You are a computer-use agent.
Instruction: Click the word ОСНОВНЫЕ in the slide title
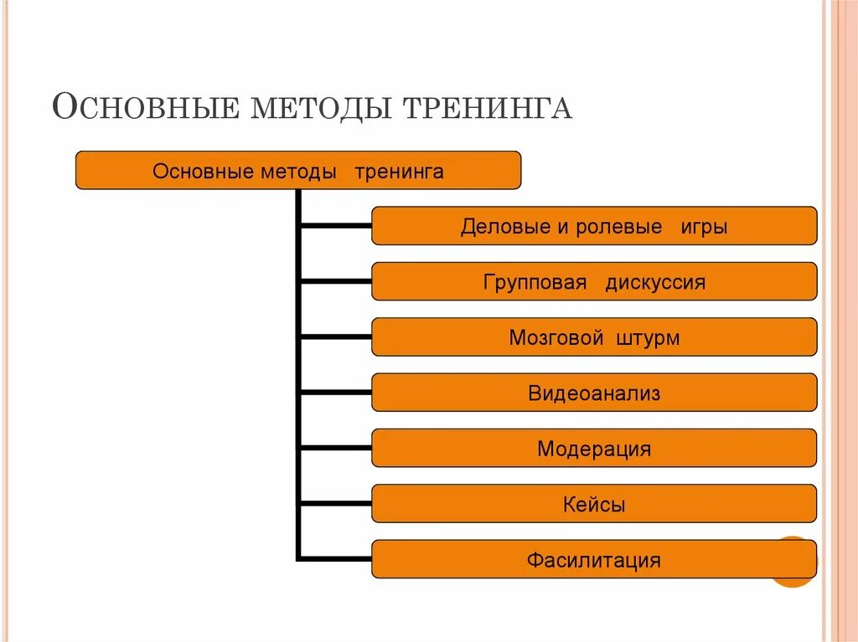(x=144, y=108)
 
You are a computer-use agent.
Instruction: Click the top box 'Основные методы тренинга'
(x=298, y=171)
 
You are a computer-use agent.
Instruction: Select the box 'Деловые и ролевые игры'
(x=593, y=226)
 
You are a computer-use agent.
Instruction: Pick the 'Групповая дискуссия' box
(x=593, y=281)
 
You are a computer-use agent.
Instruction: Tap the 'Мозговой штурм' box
(x=593, y=337)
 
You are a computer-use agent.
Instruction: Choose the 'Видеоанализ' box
(x=593, y=393)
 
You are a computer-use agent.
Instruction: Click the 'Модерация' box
(x=593, y=448)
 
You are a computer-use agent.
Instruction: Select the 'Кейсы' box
(x=593, y=504)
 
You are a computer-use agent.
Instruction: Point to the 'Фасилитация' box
(x=593, y=559)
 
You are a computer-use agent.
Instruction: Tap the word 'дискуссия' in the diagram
(x=655, y=282)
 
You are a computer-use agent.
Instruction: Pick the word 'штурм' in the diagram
(x=648, y=338)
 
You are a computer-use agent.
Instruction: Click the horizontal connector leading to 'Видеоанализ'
(x=335, y=393)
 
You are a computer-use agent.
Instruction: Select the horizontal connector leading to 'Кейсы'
(x=335, y=504)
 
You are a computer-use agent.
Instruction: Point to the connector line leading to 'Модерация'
(x=335, y=448)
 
